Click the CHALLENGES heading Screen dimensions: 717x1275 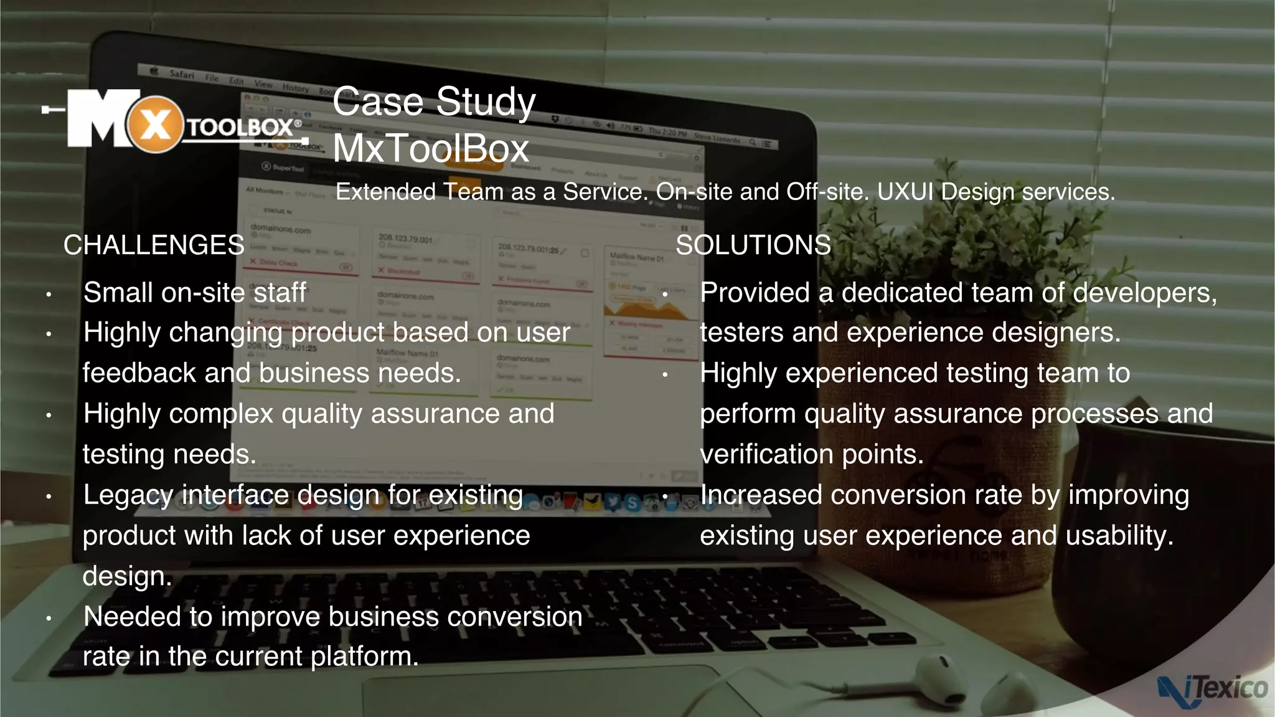point(154,245)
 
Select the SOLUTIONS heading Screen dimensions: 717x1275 point(753,245)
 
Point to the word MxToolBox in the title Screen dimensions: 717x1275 point(431,148)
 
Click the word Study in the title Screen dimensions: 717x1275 point(486,102)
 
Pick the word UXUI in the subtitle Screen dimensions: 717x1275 point(905,192)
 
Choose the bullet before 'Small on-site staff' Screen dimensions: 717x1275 point(49,294)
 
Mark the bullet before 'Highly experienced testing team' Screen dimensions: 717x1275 point(665,375)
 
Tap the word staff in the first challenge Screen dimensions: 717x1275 point(280,293)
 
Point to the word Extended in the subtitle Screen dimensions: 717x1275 point(386,192)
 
